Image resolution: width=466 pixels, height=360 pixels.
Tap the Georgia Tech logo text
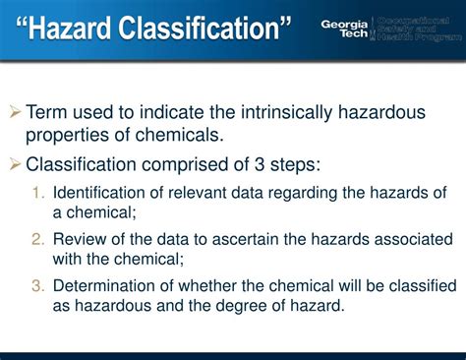tap(348, 29)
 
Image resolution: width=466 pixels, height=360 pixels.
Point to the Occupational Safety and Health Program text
tap(420, 29)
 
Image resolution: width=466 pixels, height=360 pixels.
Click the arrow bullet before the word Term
tap(15, 113)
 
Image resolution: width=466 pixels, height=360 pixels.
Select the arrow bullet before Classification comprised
tap(15, 164)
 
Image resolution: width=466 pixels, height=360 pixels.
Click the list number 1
tap(38, 192)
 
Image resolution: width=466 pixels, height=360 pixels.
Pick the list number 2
tap(38, 239)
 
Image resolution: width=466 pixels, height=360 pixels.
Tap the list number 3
tap(38, 286)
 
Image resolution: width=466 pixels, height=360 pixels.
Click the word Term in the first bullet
tap(46, 112)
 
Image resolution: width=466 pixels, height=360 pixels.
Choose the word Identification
tap(102, 192)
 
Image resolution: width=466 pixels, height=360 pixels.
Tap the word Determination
tap(106, 286)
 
